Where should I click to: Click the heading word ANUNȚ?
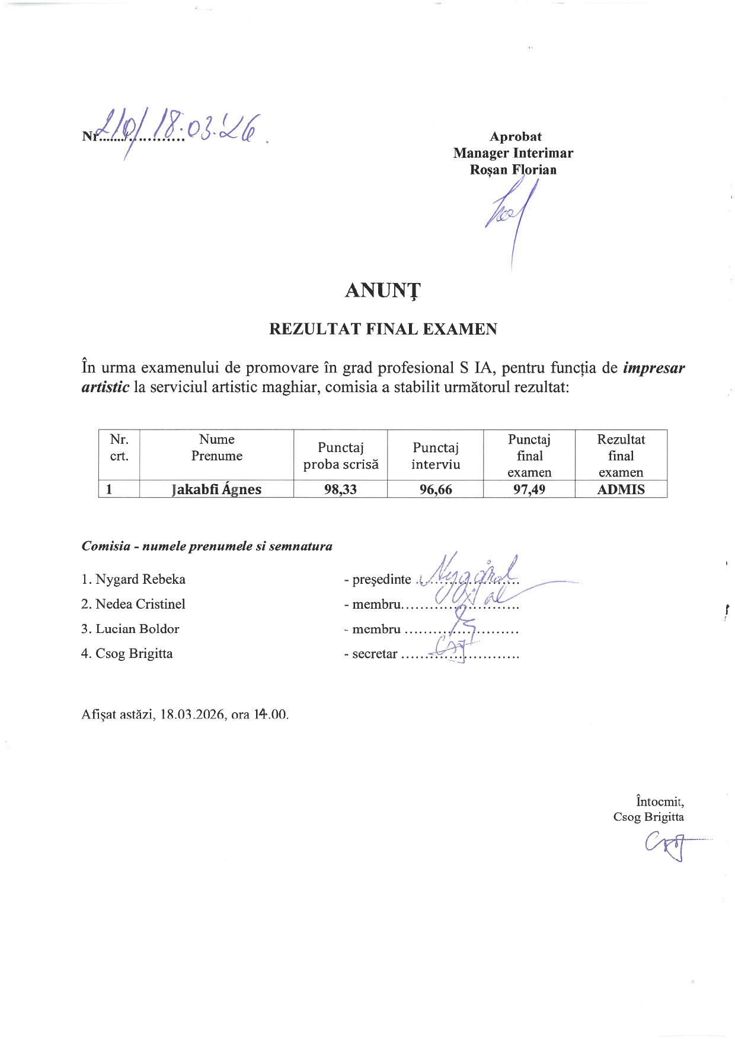coord(382,290)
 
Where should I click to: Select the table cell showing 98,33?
coord(340,489)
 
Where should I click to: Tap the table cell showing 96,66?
coord(436,489)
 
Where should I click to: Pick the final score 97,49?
coord(529,489)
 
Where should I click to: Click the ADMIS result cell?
coord(621,489)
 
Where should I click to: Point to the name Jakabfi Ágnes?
coord(216,489)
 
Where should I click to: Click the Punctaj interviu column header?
coord(436,456)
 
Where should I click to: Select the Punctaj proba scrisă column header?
coord(340,456)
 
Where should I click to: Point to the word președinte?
coord(381,580)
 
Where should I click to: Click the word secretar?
coord(375,654)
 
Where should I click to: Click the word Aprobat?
coord(515,136)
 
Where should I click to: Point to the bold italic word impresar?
coord(654,368)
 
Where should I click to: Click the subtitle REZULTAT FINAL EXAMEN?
coord(383,329)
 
